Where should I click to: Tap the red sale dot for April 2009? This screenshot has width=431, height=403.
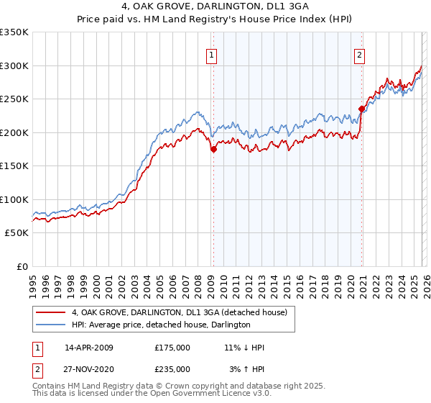coord(213,149)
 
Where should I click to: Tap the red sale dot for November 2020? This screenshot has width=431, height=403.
coord(361,109)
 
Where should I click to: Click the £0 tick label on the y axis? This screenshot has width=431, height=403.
coord(22,266)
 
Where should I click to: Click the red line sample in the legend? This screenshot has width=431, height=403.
coord(51,312)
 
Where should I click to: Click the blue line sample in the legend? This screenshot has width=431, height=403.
coord(51,325)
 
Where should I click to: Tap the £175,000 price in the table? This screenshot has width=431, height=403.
coord(172,348)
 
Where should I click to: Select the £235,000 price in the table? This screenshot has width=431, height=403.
coord(172,368)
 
